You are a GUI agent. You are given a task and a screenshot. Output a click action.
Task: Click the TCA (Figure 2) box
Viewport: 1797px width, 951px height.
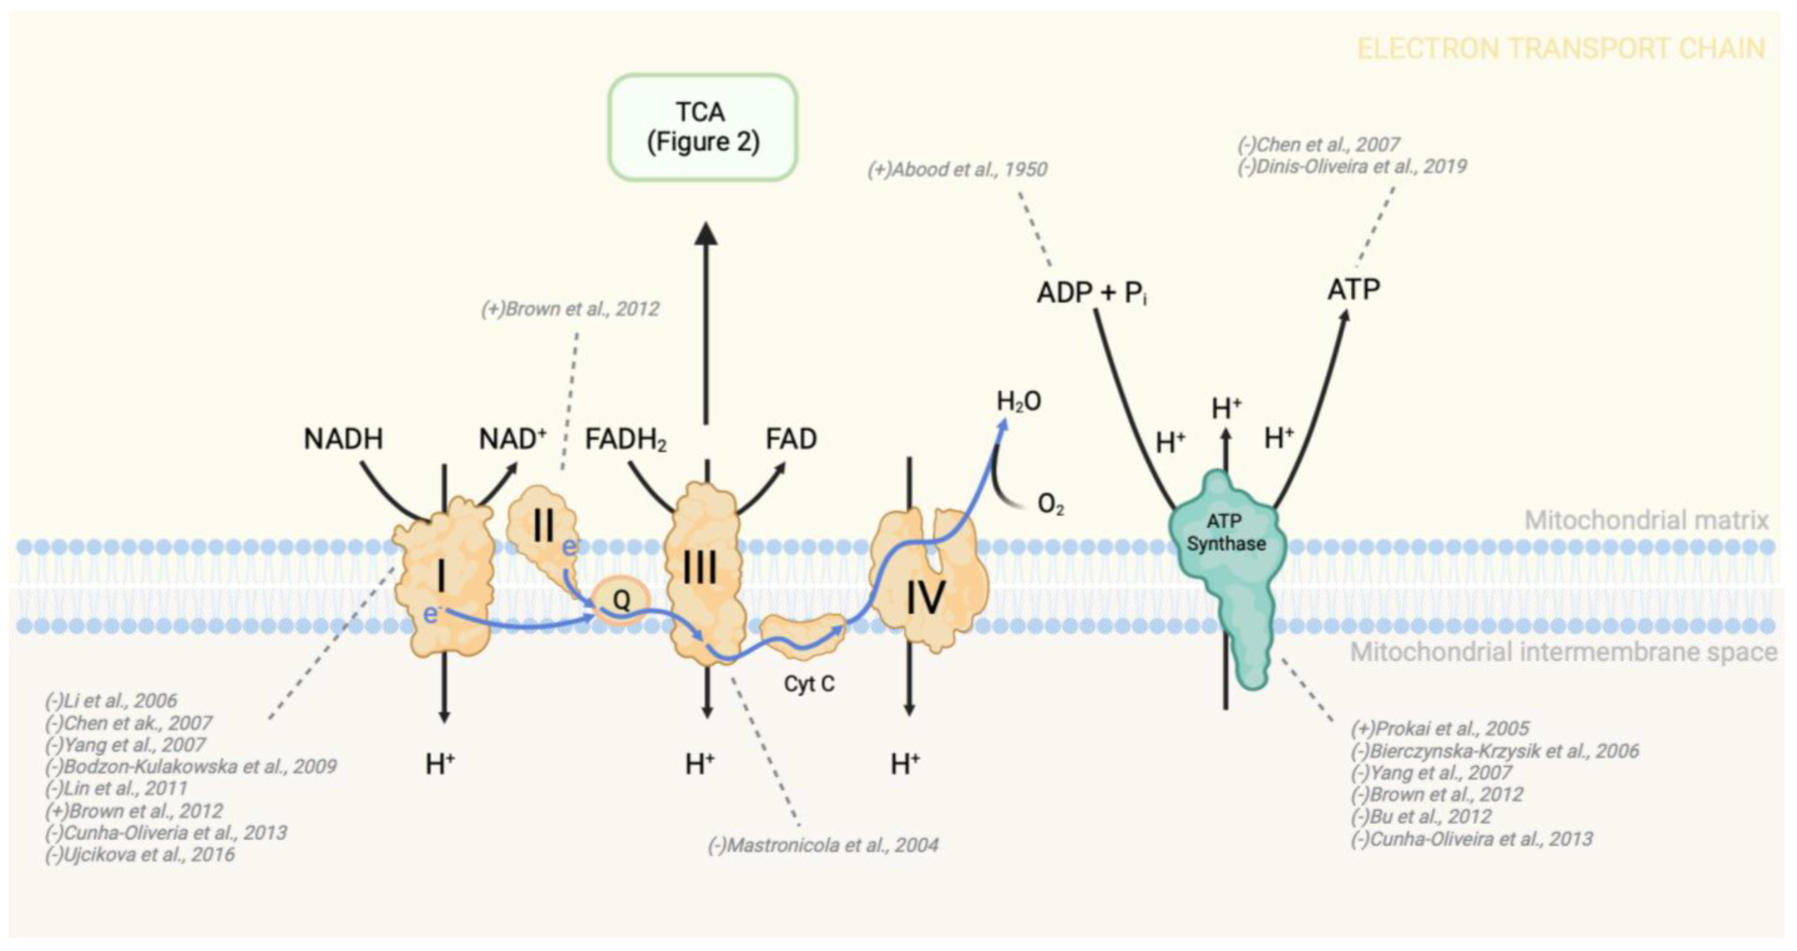[x=702, y=127]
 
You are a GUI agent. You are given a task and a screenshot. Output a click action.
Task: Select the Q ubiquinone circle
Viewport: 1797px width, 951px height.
[x=621, y=600]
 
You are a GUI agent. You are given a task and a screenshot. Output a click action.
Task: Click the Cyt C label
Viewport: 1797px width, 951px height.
[x=809, y=684]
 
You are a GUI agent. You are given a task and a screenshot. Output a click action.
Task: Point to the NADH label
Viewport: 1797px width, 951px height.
[x=343, y=439]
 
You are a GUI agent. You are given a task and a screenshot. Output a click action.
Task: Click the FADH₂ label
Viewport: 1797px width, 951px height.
[x=625, y=440]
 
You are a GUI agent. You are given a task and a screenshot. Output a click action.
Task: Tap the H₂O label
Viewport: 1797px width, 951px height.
[x=1019, y=402]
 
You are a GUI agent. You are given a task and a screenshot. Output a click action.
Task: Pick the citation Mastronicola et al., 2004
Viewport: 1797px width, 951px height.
[x=823, y=845]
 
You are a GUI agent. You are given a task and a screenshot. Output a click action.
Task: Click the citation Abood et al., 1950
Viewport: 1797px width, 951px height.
[x=957, y=169]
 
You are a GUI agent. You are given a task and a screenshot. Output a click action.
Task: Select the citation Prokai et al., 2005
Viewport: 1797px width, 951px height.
[x=1440, y=729]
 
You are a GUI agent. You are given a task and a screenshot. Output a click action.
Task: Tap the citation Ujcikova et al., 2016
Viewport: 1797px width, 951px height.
[x=140, y=855]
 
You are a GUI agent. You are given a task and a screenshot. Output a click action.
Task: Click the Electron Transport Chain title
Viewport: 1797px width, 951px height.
[x=1560, y=49]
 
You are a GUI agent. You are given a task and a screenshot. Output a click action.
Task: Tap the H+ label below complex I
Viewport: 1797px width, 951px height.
[x=440, y=765]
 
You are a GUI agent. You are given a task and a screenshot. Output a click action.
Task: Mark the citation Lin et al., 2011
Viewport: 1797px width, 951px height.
[x=117, y=788]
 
